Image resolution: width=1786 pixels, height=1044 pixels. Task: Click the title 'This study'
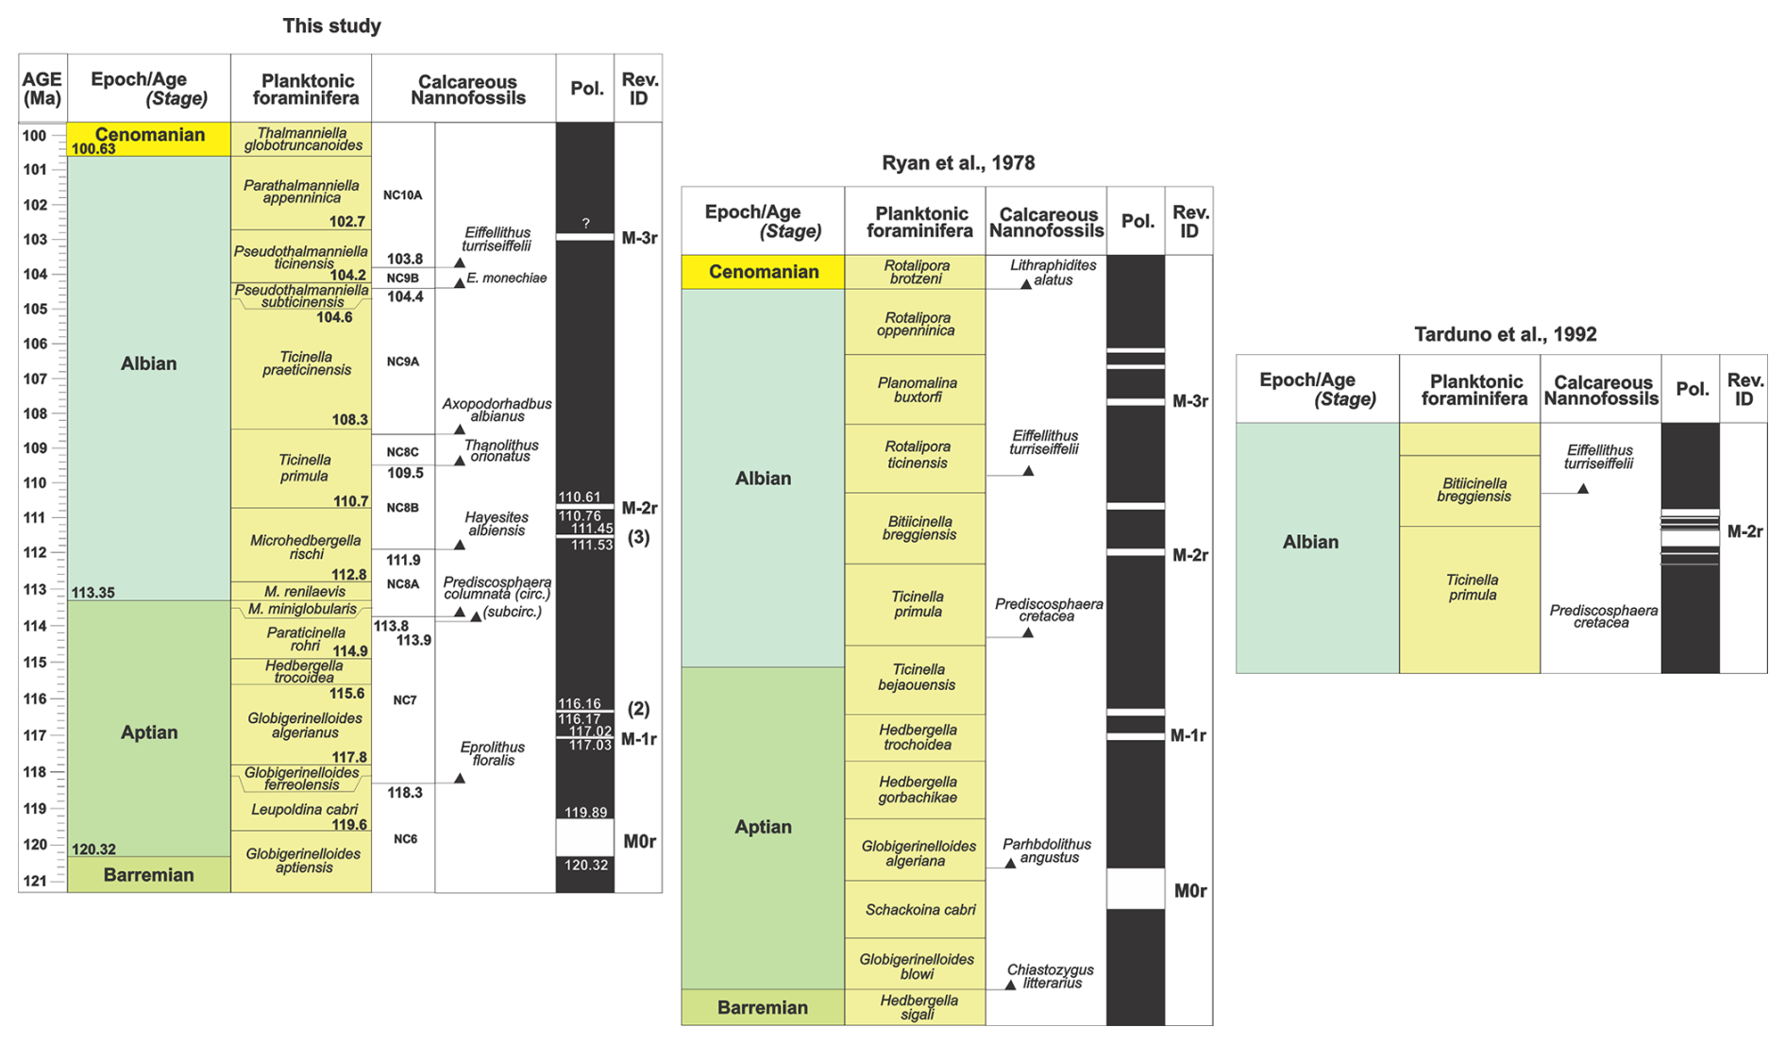click(x=331, y=25)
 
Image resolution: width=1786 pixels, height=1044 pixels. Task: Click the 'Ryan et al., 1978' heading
click(x=957, y=162)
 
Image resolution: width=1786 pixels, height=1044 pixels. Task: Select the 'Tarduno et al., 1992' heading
click(x=1505, y=334)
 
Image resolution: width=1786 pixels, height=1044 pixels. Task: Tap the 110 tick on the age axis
click(x=36, y=483)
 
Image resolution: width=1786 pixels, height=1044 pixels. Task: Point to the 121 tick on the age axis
click(x=36, y=881)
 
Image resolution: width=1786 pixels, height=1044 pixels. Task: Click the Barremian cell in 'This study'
click(x=148, y=875)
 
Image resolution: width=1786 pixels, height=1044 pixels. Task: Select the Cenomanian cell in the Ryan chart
click(x=763, y=272)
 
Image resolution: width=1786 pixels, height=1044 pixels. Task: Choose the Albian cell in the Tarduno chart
click(x=1310, y=542)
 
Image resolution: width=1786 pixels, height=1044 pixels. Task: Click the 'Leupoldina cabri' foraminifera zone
click(x=304, y=810)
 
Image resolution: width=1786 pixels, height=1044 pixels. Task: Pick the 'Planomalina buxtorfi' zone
click(x=916, y=390)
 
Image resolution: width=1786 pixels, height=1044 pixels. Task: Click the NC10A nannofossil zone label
click(x=403, y=195)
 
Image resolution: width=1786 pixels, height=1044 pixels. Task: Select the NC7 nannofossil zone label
click(x=404, y=700)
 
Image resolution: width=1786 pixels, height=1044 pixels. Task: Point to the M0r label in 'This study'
click(x=639, y=841)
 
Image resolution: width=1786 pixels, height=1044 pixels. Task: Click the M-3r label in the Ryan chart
click(x=1189, y=401)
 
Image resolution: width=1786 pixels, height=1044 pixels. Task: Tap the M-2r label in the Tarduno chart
click(x=1744, y=531)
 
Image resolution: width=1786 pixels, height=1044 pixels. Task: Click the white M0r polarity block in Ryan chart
click(x=1136, y=889)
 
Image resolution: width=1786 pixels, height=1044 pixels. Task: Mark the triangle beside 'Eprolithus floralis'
click(x=460, y=779)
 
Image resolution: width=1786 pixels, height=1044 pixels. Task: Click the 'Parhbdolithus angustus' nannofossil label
click(x=1047, y=850)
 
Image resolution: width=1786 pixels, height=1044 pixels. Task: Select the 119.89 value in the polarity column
click(x=585, y=813)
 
